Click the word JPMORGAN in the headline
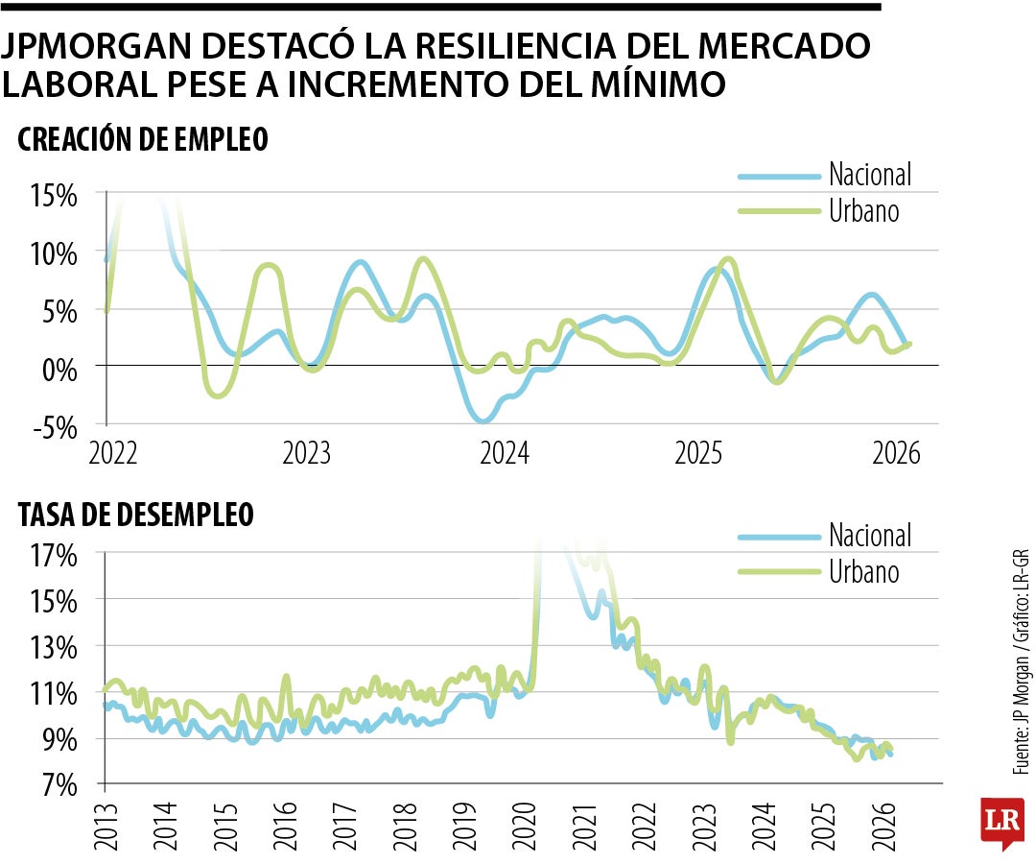pos(106,47)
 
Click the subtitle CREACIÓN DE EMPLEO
pos(142,140)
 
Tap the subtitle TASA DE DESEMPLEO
pos(135,516)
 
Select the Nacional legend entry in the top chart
pos(869,175)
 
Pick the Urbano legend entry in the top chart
pos(863,210)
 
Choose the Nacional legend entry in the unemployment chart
pos(869,536)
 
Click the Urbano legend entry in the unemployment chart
pos(863,572)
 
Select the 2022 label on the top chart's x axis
pos(114,453)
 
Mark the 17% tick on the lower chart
pos(54,555)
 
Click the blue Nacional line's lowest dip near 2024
pos(483,420)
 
